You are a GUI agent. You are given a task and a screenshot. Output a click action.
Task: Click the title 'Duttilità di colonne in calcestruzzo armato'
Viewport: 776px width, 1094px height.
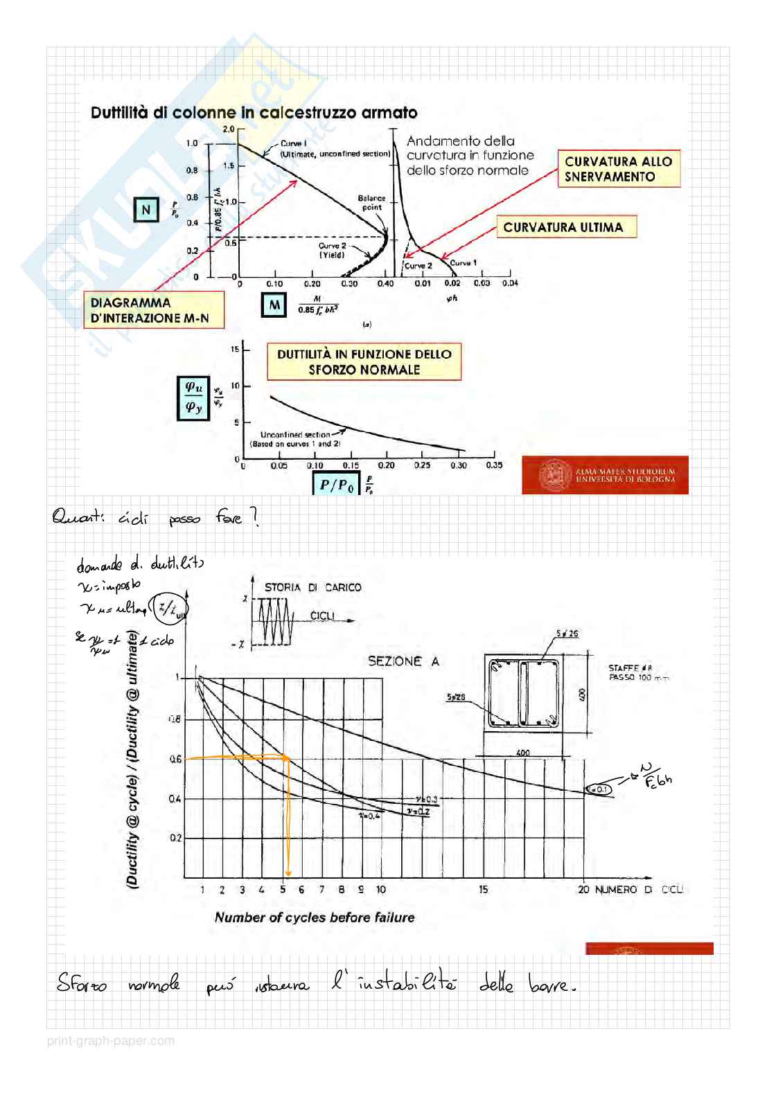pyautogui.click(x=254, y=113)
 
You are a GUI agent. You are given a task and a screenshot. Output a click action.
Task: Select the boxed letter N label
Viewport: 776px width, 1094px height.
pyautogui.click(x=145, y=210)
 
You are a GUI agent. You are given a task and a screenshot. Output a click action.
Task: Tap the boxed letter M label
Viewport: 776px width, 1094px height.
pyautogui.click(x=274, y=305)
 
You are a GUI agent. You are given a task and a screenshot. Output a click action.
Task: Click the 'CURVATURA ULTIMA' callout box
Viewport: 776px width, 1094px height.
pyautogui.click(x=565, y=227)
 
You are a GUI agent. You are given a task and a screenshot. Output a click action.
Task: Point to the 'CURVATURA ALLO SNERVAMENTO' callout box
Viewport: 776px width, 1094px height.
pyautogui.click(x=618, y=169)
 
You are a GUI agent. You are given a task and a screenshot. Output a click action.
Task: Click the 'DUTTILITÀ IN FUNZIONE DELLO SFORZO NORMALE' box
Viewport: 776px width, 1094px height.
pyautogui.click(x=364, y=361)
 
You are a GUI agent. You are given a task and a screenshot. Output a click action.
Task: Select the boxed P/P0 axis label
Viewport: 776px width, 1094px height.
pyautogui.click(x=337, y=485)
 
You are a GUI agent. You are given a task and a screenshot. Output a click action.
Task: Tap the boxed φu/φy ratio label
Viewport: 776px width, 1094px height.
pyautogui.click(x=193, y=398)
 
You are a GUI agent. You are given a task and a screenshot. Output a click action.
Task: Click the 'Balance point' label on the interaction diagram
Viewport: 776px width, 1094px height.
pyautogui.click(x=371, y=202)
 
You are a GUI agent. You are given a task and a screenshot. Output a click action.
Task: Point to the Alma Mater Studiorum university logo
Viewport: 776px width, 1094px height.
pyautogui.click(x=605, y=475)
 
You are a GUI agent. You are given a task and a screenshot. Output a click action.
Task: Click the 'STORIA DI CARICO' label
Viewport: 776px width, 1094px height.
pyautogui.click(x=312, y=587)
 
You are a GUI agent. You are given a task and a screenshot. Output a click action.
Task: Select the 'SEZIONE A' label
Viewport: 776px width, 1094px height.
pyautogui.click(x=403, y=661)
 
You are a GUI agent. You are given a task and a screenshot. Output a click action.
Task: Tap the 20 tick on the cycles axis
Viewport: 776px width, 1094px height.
pyautogui.click(x=583, y=890)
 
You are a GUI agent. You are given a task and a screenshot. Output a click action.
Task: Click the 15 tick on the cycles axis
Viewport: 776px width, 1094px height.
pyautogui.click(x=483, y=890)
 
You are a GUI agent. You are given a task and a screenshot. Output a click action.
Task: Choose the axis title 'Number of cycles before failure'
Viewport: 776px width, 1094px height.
pyautogui.click(x=315, y=917)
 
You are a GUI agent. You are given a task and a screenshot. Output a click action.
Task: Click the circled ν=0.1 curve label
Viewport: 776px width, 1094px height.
pyautogui.click(x=598, y=789)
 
